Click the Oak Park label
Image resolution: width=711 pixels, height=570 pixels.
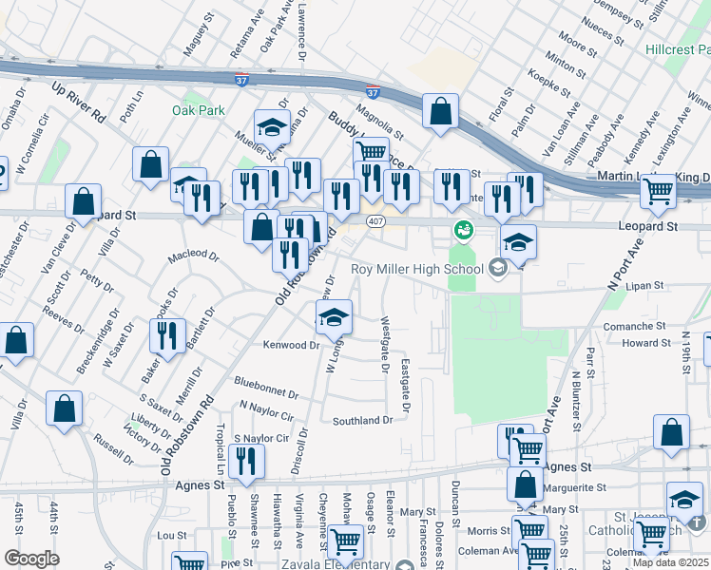(199, 111)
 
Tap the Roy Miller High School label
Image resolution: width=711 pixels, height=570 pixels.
(416, 269)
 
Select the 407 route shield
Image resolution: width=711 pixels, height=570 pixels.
(376, 221)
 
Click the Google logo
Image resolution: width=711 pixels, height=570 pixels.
(31, 559)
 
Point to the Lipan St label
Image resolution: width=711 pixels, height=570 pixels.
(644, 285)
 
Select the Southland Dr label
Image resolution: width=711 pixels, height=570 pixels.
(362, 420)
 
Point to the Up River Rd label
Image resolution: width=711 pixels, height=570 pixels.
(78, 101)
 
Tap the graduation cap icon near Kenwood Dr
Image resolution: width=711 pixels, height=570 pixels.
(334, 316)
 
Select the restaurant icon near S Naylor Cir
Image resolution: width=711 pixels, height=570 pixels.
(246, 461)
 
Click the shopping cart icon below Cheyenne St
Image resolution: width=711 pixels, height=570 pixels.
(345, 541)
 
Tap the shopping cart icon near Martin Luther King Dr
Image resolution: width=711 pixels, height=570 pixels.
(657, 191)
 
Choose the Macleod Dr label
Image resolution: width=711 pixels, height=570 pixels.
(194, 256)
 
